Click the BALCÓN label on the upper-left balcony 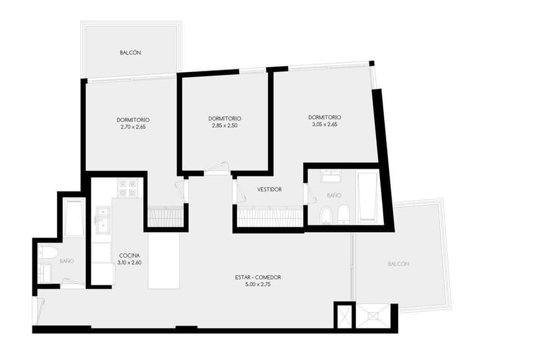130,53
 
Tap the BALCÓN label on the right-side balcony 399,264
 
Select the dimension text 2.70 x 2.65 133,127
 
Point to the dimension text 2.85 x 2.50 225,126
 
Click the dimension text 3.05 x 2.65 325,125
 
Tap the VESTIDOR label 269,189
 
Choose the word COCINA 129,256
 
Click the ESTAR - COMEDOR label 258,278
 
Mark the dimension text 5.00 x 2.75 258,284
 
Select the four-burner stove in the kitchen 127,188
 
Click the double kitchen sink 103,221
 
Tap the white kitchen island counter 164,260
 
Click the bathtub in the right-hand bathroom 368,197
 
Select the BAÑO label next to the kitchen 67,261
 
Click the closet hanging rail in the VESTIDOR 270,217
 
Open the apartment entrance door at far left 38,310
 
